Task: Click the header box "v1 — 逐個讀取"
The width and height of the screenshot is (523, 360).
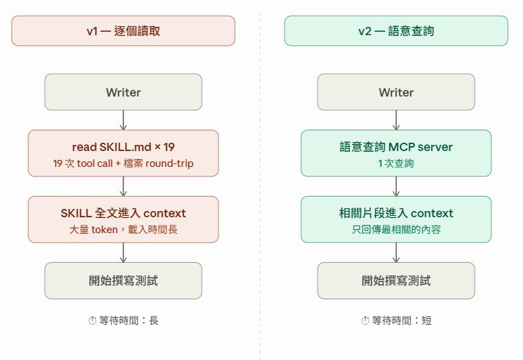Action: click(123, 31)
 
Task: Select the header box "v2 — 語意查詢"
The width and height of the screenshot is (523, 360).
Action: click(396, 31)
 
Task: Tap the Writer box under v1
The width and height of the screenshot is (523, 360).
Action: click(123, 92)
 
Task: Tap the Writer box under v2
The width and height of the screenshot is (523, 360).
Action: click(396, 92)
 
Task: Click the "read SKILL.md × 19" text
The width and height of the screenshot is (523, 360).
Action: click(123, 147)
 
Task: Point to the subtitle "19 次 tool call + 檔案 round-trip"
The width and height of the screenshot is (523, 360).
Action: click(123, 163)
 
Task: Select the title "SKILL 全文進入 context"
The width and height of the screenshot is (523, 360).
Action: click(123, 213)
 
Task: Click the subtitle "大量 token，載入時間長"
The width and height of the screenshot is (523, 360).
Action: click(123, 230)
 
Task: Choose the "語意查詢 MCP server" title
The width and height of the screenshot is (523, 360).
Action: click(396, 147)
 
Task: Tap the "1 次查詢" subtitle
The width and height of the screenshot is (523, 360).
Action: click(396, 163)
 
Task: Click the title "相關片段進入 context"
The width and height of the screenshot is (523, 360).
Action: click(396, 213)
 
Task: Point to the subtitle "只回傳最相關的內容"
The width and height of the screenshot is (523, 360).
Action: click(396, 230)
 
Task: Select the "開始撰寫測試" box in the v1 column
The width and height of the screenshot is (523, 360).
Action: click(123, 281)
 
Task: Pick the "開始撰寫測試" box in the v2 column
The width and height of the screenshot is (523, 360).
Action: click(396, 281)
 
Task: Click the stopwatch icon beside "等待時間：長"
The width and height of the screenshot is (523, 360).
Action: click(92, 321)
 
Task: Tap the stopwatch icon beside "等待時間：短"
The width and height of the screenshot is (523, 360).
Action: click(365, 321)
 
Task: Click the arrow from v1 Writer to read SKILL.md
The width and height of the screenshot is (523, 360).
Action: click(123, 120)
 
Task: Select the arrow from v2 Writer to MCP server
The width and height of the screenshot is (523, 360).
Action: click(396, 120)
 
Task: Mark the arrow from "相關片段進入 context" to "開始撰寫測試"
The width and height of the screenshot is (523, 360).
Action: click(396, 252)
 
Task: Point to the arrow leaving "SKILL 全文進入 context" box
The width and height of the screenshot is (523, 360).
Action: click(123, 252)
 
